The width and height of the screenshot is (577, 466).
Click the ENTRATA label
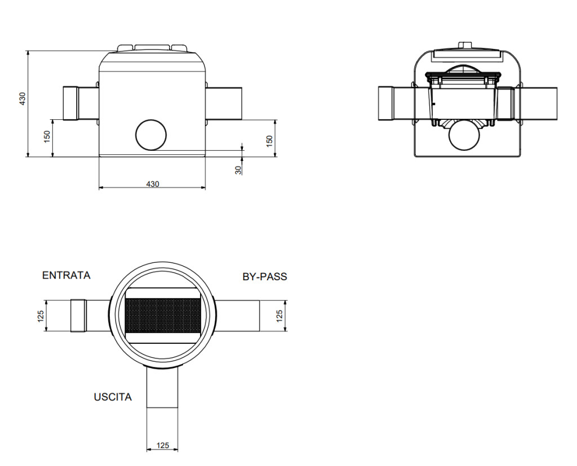[66, 275]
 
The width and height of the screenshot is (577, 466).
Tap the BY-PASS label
[265, 276]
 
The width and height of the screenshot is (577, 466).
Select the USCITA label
[113, 397]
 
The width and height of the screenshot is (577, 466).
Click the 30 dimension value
[238, 169]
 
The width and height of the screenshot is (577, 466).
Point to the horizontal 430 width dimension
[153, 183]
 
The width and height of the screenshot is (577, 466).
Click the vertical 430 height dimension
[23, 99]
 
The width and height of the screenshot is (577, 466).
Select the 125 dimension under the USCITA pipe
[162, 445]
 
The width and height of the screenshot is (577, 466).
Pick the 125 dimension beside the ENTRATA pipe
[41, 316]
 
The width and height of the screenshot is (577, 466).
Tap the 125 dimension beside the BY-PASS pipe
[279, 316]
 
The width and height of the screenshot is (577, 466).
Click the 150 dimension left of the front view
[47, 137]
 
